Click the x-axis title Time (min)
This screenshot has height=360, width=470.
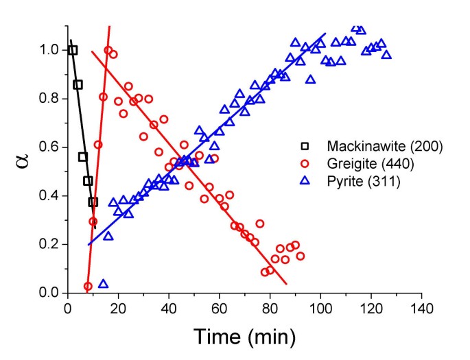pyautogui.click(x=244, y=336)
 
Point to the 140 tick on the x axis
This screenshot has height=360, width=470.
pyautogui.click(x=421, y=307)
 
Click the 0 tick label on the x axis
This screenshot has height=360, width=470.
pyautogui.click(x=67, y=307)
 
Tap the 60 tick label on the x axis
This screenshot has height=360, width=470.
pyautogui.click(x=219, y=307)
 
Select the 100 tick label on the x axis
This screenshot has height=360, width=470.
pyautogui.click(x=320, y=307)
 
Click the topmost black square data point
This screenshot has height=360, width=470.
pyautogui.click(x=73, y=50)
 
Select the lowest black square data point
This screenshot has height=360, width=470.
pyautogui.click(x=93, y=202)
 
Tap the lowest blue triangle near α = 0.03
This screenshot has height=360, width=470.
pyautogui.click(x=103, y=284)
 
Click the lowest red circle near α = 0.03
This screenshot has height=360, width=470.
pyautogui.click(x=88, y=286)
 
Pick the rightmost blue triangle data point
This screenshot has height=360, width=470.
pyautogui.click(x=386, y=54)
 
